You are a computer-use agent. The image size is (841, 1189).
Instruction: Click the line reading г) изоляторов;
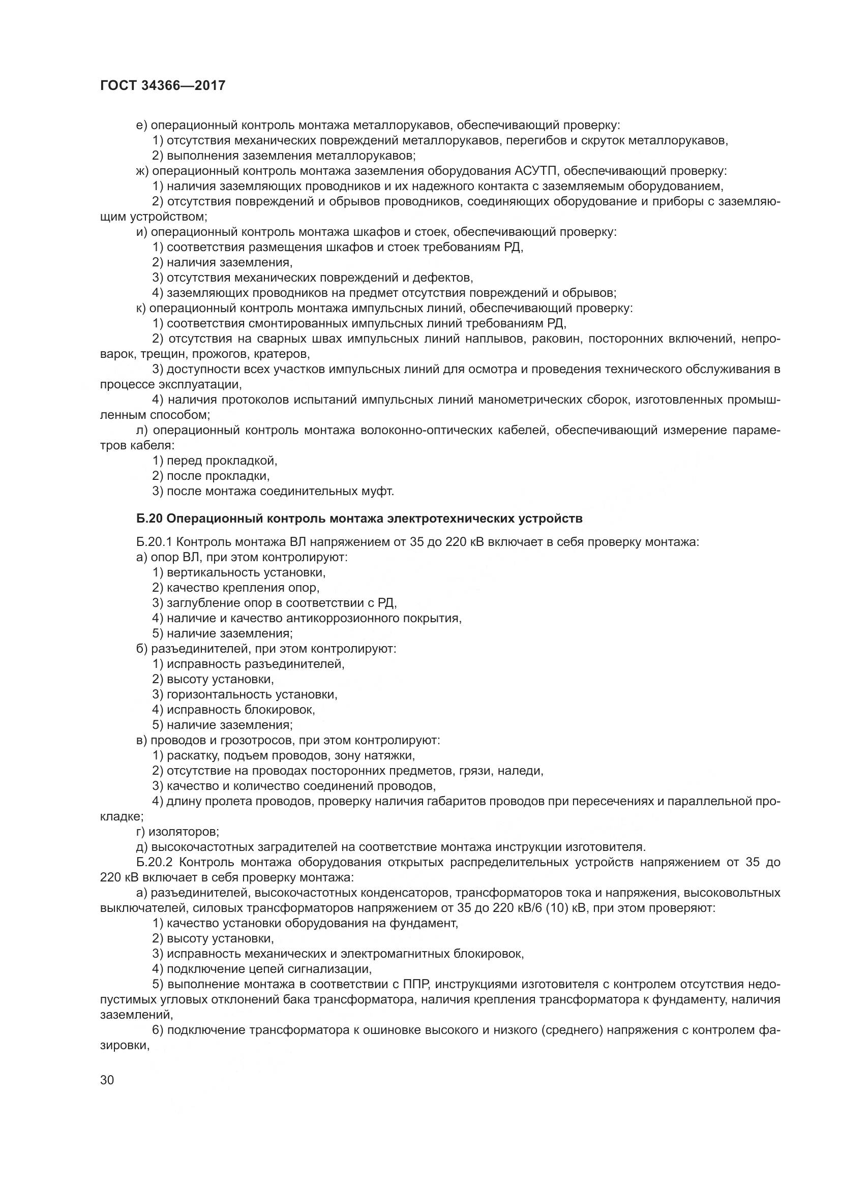[x=177, y=832]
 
